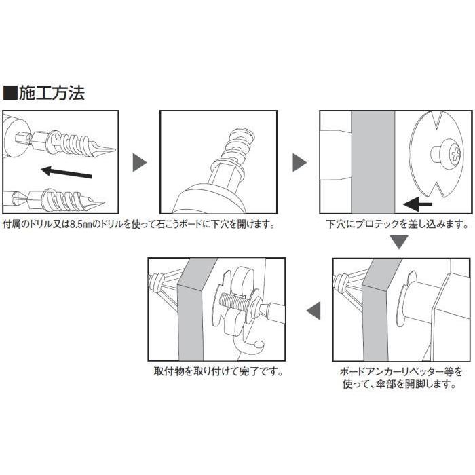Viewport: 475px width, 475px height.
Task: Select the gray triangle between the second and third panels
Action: coord(299,163)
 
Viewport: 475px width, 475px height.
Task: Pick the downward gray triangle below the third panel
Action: coord(399,242)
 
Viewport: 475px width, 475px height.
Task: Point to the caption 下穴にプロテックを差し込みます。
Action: coord(396,223)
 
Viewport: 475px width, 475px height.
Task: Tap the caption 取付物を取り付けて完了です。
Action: coord(218,372)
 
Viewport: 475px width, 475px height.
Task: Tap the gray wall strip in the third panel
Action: coord(371,163)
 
